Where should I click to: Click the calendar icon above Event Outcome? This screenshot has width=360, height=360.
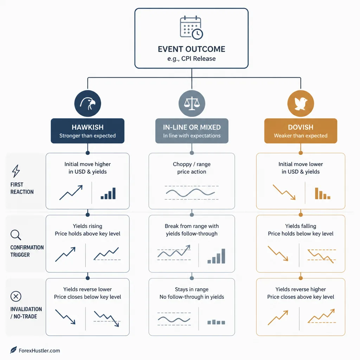click(x=191, y=27)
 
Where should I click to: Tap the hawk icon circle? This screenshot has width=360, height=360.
click(x=88, y=104)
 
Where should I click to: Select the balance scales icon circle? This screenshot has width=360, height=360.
click(x=192, y=104)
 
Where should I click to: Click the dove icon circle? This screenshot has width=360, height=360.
click(x=301, y=104)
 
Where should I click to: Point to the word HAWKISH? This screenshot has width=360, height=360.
click(x=88, y=127)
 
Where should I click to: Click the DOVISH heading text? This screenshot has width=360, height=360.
click(x=301, y=127)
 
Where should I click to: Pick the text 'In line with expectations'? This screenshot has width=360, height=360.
click(x=192, y=136)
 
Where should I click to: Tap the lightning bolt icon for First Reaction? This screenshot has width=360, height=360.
click(x=16, y=171)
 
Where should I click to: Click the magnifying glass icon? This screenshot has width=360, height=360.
click(x=16, y=235)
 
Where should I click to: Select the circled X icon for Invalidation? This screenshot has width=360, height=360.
click(x=16, y=296)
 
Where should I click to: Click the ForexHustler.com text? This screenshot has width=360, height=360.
click(x=39, y=351)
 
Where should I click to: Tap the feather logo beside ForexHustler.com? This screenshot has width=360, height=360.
click(x=14, y=350)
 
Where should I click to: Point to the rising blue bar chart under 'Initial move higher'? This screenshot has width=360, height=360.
click(x=108, y=193)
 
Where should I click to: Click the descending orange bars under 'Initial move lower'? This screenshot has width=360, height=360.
click(x=323, y=193)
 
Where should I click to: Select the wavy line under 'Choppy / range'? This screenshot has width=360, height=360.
click(x=190, y=193)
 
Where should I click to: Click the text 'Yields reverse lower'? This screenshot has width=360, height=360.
click(x=88, y=289)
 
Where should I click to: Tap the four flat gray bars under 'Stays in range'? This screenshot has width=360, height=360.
click(x=216, y=322)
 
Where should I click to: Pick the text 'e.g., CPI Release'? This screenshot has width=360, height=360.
click(x=192, y=59)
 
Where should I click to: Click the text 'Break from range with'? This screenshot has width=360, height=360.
click(x=192, y=226)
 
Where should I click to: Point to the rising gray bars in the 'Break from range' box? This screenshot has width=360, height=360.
click(x=216, y=256)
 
